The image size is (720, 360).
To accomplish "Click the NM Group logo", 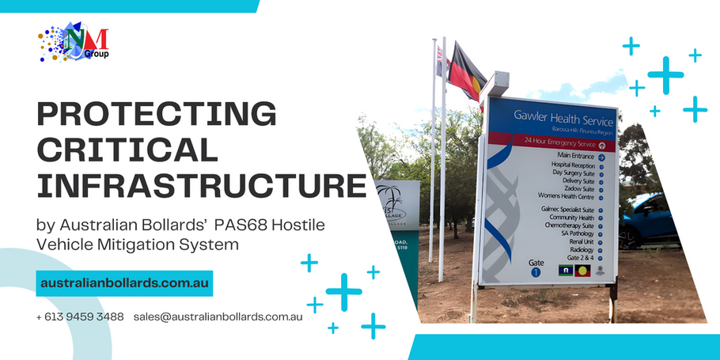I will (74, 44).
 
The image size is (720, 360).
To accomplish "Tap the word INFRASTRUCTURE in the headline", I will (201, 186).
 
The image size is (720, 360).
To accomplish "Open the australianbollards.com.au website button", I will (124, 283).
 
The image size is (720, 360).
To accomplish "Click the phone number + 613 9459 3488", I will (80, 316).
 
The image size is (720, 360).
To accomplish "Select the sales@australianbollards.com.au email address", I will (218, 316).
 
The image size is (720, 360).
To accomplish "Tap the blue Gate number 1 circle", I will (535, 271).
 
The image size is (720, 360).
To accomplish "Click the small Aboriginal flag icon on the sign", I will (584, 270).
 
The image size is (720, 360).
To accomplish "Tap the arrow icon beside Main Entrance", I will (602, 157).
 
